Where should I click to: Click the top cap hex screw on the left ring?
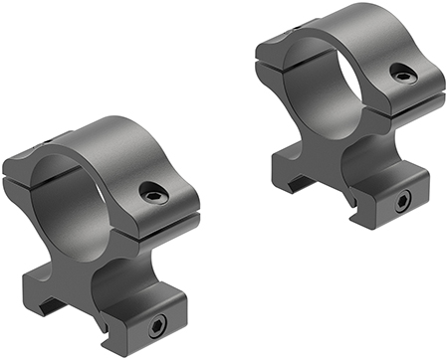(151, 195)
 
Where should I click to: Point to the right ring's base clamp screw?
(401, 202)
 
